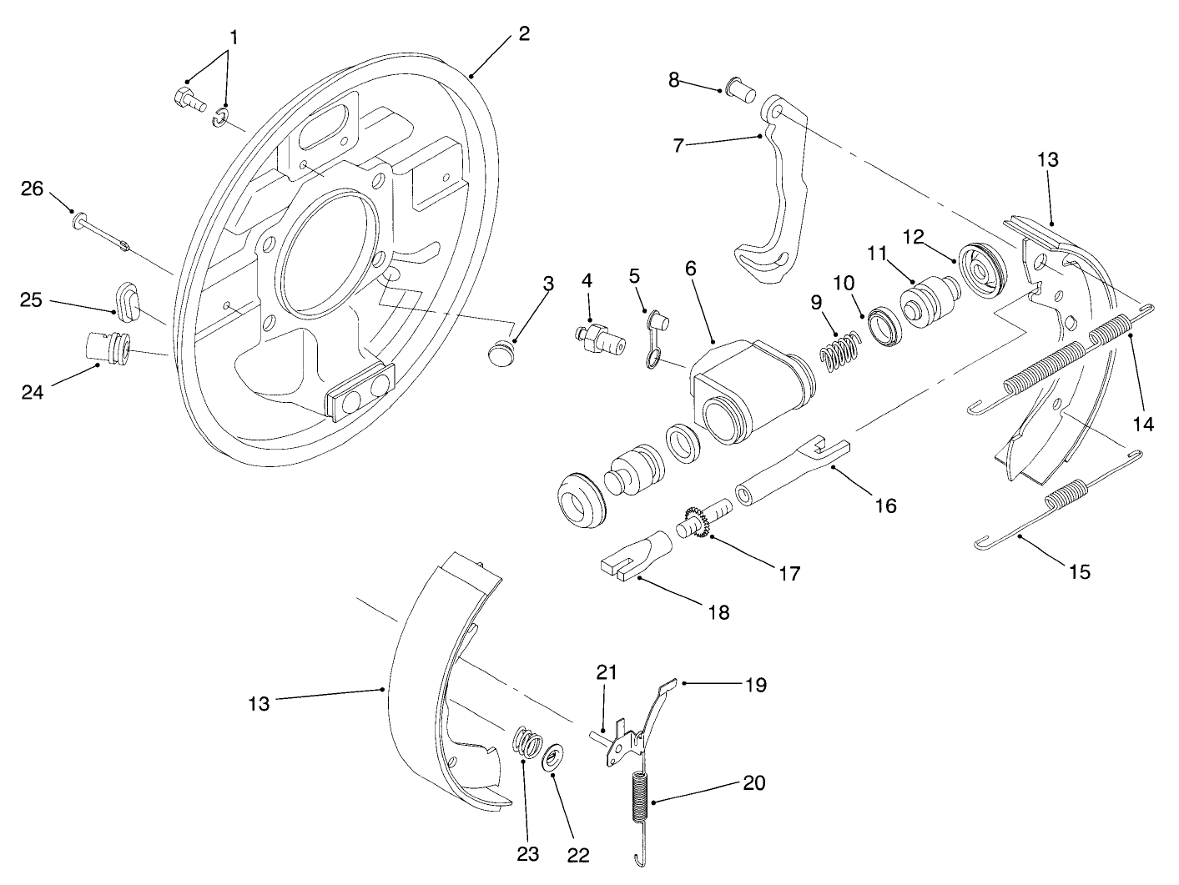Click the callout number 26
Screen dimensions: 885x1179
[32, 189]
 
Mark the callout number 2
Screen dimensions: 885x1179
[523, 34]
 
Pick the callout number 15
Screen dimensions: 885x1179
[1078, 571]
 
